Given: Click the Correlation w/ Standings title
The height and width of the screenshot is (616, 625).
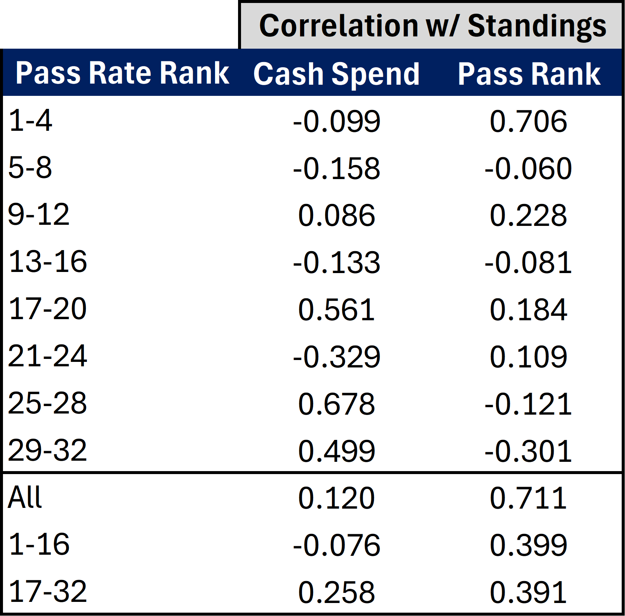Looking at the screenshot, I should (x=432, y=26).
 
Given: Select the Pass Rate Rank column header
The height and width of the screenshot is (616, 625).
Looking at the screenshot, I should (x=122, y=73).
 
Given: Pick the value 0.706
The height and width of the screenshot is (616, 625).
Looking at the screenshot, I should (x=528, y=121).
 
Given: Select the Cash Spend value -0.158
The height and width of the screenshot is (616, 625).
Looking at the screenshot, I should (x=336, y=169).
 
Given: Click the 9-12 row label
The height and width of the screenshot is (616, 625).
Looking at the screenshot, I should (x=39, y=215).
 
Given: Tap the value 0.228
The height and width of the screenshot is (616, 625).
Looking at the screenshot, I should (x=528, y=215).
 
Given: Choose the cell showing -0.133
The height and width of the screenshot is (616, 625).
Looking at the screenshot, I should (x=336, y=263).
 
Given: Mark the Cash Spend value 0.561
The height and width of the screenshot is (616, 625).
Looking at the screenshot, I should (x=336, y=310).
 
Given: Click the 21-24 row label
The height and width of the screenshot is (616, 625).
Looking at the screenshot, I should (x=47, y=356).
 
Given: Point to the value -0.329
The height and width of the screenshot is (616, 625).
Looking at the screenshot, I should (x=336, y=357).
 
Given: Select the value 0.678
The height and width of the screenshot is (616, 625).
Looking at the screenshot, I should (x=336, y=404).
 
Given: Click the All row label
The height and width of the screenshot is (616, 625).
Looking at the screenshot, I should (x=25, y=497).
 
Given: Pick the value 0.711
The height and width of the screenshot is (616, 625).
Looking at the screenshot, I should (x=528, y=498).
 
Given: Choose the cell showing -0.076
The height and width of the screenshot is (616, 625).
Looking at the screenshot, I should (x=336, y=545).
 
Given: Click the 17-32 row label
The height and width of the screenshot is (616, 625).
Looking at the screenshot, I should (x=47, y=592).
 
